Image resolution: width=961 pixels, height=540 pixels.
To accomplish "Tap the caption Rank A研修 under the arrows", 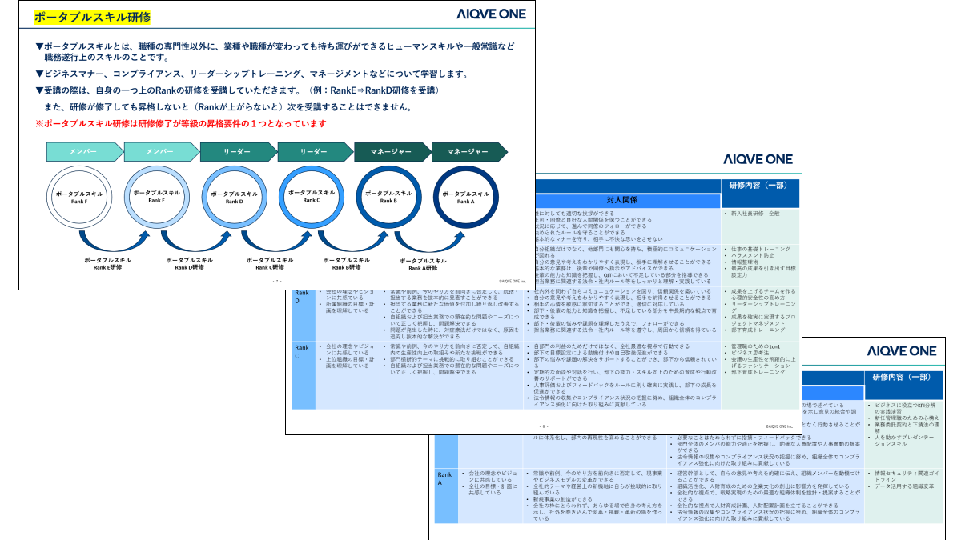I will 422,264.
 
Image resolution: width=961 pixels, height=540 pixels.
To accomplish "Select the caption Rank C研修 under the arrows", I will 266,264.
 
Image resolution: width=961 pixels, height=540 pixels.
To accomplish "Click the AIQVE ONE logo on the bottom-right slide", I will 902,350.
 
